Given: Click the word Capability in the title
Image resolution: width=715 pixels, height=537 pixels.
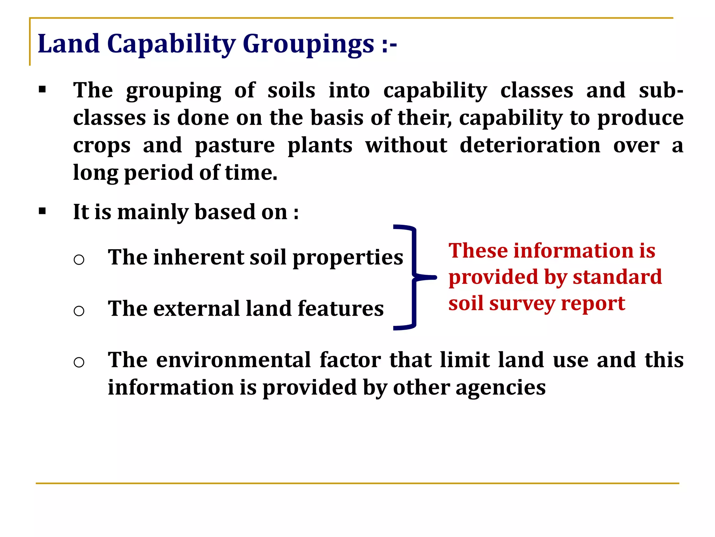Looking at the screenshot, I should click(171, 44).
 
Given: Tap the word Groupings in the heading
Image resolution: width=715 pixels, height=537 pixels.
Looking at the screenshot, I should click(308, 44).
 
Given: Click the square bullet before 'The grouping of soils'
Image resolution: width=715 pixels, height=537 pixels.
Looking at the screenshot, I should click(42, 90).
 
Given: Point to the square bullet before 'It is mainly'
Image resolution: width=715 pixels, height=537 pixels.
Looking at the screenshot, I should click(42, 211).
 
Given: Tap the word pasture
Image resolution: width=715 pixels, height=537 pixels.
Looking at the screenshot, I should click(235, 145).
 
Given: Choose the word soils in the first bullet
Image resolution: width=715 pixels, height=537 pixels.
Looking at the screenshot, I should click(291, 90).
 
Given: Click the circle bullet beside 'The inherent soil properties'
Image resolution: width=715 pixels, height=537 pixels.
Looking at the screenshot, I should click(79, 259).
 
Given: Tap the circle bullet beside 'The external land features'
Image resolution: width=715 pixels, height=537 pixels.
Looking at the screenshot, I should click(79, 310).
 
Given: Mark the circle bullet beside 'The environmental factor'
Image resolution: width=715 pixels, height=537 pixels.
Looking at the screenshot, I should click(79, 362).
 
